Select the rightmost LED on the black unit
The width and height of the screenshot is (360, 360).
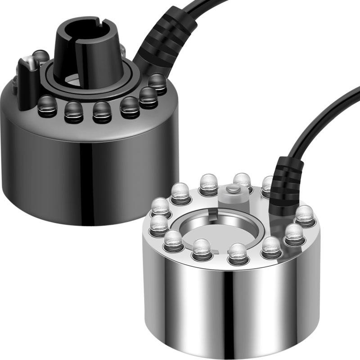coord(157,83)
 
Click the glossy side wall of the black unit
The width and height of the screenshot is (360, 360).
coord(90,171)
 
